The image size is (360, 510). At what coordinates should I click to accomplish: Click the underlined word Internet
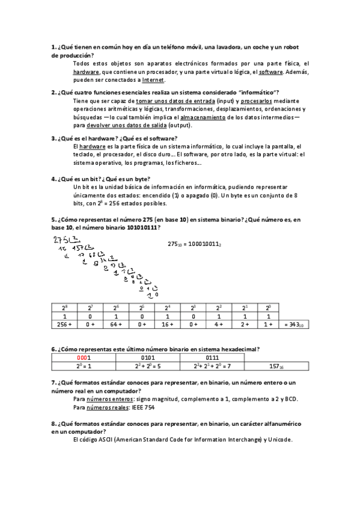pyautogui.click(x=153, y=80)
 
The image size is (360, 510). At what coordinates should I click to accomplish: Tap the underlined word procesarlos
pyautogui.click(x=249, y=101)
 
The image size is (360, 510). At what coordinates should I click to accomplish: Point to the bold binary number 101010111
pyautogui.click(x=142, y=228)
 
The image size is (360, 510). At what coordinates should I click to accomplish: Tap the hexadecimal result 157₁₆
pyautogui.click(x=277, y=366)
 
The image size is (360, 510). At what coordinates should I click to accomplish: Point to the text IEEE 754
pyautogui.click(x=142, y=407)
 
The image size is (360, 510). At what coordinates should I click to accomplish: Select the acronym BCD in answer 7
pyautogui.click(x=290, y=399)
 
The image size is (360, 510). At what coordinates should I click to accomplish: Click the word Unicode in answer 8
pyautogui.click(x=278, y=440)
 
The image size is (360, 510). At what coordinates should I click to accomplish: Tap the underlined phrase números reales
pyautogui.click(x=104, y=407)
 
